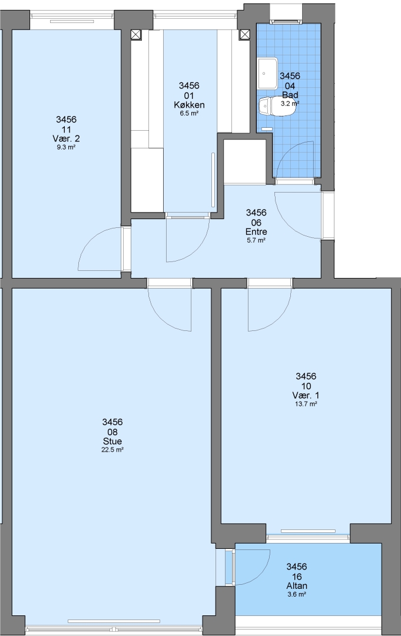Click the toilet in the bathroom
(276, 107)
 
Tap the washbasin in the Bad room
(267, 73)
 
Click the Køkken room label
(189, 105)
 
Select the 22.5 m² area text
(112, 450)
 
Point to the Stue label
(112, 441)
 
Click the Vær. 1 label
(306, 396)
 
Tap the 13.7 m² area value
(306, 404)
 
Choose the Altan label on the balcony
(297, 586)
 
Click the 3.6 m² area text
(297, 594)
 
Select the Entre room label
(256, 232)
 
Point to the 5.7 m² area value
(256, 240)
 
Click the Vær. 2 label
(66, 139)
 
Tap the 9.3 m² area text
(66, 148)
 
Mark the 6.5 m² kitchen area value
(189, 114)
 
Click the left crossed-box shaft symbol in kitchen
(136, 35)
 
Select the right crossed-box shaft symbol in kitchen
(244, 35)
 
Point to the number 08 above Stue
(112, 432)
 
